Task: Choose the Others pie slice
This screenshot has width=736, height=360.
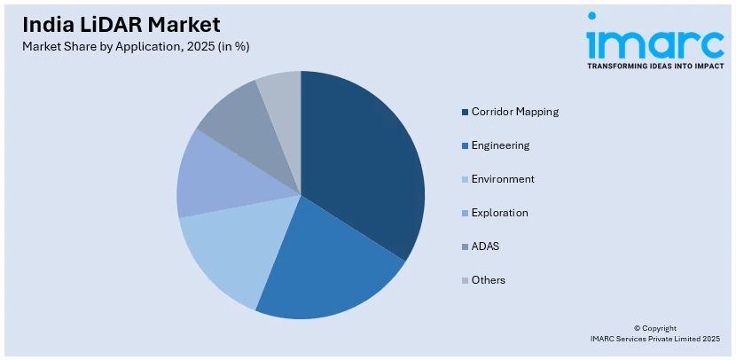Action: coord(282,93)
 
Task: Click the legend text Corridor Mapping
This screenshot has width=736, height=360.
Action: coord(514,112)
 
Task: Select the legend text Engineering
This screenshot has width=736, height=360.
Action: coord(500,145)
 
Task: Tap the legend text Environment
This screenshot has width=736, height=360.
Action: coord(503,179)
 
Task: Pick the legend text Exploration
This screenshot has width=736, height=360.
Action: coord(499,213)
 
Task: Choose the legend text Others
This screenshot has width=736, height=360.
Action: coord(489,280)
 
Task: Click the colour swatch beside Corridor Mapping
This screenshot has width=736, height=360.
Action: coord(465,112)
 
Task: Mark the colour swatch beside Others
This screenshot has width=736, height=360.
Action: coord(465,280)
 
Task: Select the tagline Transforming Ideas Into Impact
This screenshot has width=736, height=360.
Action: coord(654,65)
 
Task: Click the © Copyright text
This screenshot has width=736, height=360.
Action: coord(654,328)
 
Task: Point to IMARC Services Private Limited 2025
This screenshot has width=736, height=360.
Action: coord(654,339)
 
